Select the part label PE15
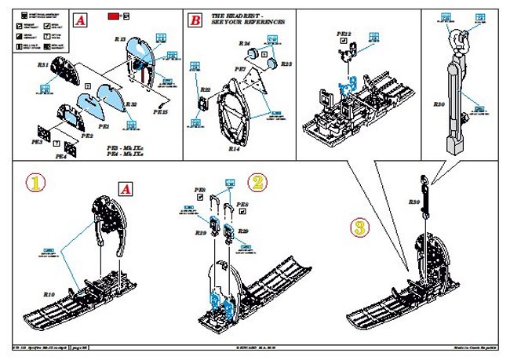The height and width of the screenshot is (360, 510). pyautogui.click(x=160, y=112)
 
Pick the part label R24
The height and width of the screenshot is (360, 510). pyautogui.click(x=245, y=44)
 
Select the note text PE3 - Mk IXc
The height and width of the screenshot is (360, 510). pyautogui.click(x=124, y=147)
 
